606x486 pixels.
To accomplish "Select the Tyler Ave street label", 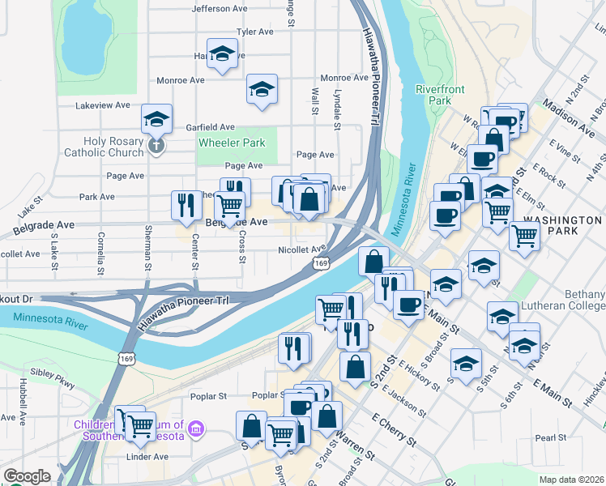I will (x=255, y=32).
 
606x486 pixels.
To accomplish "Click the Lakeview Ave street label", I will (x=102, y=105).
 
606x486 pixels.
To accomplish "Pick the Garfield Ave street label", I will (x=210, y=127).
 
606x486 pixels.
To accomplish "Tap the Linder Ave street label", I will (x=147, y=457).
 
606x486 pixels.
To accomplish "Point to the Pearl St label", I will (x=550, y=437).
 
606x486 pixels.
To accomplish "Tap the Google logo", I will (x=27, y=476).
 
